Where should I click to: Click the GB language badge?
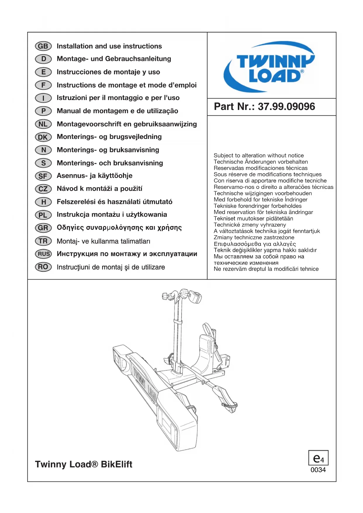click(x=43, y=46)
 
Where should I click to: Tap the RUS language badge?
click(x=44, y=254)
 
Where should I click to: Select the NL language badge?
click(x=43, y=124)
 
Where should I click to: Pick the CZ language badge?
click(x=43, y=189)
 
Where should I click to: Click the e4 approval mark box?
click(x=318, y=458)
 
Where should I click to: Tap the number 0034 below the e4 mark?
click(x=318, y=470)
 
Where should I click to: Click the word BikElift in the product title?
click(x=116, y=464)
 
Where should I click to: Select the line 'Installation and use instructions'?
click(x=109, y=46)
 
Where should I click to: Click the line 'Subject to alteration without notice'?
click(x=259, y=156)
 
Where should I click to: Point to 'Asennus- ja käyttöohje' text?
click(x=94, y=176)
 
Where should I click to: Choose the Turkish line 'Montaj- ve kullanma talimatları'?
click(x=103, y=241)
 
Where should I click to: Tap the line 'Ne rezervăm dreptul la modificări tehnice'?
click(x=266, y=269)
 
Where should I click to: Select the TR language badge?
click(x=43, y=241)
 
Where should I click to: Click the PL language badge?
click(x=43, y=215)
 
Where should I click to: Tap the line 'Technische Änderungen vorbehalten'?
click(x=261, y=162)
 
